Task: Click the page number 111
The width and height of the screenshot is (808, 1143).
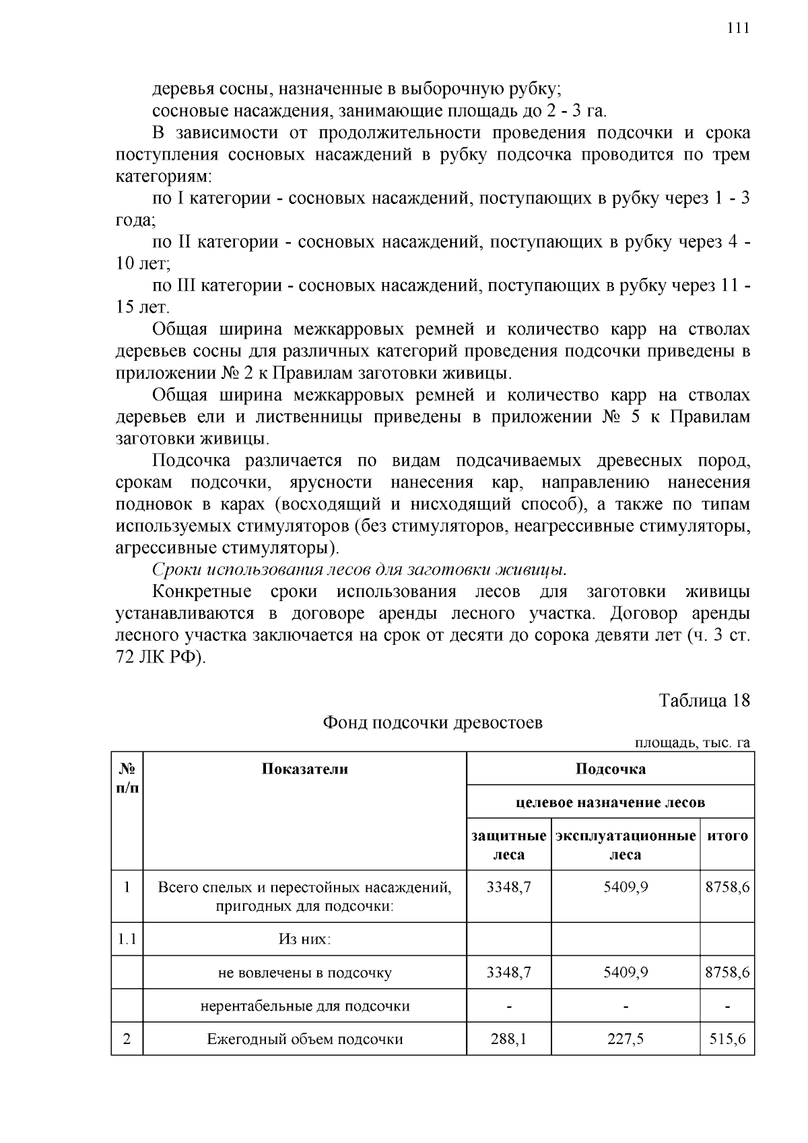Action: (738, 28)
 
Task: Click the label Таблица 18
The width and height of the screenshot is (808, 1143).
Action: (704, 700)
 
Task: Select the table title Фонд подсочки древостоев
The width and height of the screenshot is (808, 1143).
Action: (432, 722)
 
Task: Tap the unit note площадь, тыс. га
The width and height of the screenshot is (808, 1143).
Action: (693, 742)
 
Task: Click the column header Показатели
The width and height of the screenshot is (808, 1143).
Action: (305, 769)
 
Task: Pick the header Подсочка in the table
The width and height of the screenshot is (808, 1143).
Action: (610, 769)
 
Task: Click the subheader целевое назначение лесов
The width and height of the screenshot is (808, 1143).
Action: (610, 802)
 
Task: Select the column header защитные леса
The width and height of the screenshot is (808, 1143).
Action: (509, 845)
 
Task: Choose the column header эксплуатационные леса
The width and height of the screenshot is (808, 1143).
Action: (626, 845)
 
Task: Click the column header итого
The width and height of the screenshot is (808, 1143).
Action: (727, 836)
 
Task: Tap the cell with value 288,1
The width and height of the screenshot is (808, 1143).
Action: (509, 1039)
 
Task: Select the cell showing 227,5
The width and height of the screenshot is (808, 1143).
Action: (626, 1039)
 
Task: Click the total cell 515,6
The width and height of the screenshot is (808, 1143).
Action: (727, 1039)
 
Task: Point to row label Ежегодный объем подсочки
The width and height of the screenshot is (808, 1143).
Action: (305, 1039)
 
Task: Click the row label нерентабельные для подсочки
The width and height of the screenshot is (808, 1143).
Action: (305, 1006)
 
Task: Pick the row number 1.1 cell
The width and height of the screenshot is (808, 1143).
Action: (127, 938)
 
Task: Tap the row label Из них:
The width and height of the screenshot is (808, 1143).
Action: (305, 938)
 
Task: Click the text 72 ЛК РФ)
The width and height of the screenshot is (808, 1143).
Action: (160, 657)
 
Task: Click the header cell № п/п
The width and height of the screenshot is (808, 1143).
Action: (127, 777)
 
